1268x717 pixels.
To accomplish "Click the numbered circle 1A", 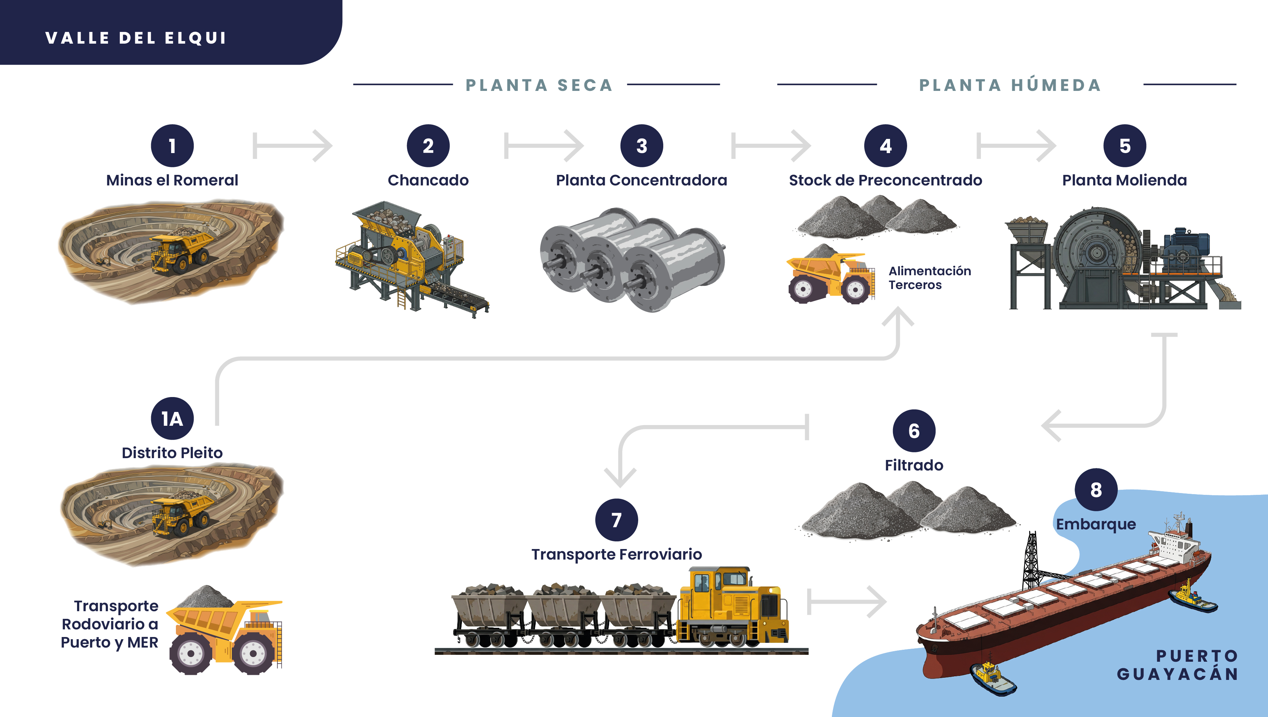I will click(172, 418).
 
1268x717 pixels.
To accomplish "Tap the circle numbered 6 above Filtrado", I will click(914, 431).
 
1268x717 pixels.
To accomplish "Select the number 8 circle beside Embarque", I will click(1096, 490).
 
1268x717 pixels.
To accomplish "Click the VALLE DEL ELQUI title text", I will click(136, 38).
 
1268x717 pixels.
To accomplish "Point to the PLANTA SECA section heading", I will click(539, 85).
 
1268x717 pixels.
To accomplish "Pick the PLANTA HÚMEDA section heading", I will click(1010, 85).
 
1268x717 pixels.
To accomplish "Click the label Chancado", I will click(428, 180).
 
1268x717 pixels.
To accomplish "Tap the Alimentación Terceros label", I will click(929, 278).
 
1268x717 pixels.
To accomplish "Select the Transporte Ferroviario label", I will click(616, 554).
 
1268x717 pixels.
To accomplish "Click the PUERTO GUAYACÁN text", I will click(1178, 665).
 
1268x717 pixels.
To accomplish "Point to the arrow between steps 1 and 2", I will click(293, 146).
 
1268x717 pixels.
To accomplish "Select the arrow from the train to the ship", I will click(847, 602).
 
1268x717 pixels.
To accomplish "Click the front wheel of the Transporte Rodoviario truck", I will click(190, 653).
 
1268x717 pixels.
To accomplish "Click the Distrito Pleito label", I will click(172, 453).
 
